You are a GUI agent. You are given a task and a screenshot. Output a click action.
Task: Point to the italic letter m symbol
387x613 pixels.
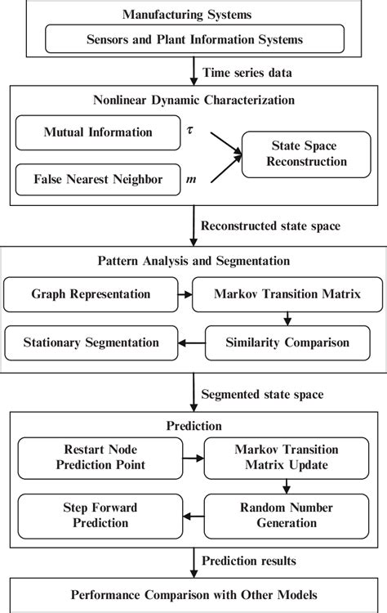click(x=191, y=178)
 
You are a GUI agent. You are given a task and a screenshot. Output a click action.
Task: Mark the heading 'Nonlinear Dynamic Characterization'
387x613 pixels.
click(x=193, y=101)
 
